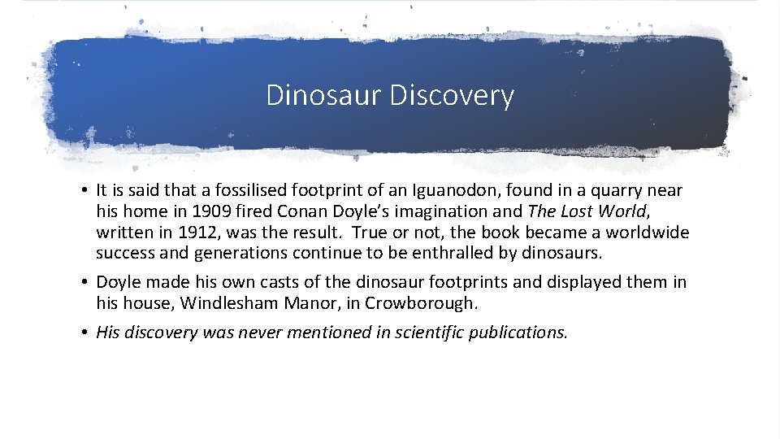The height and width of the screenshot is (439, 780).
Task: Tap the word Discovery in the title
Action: coord(452,95)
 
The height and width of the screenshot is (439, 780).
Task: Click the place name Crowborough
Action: coord(427,303)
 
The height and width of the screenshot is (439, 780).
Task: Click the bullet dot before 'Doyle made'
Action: coord(85,283)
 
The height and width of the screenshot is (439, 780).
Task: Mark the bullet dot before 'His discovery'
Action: coord(85,333)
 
